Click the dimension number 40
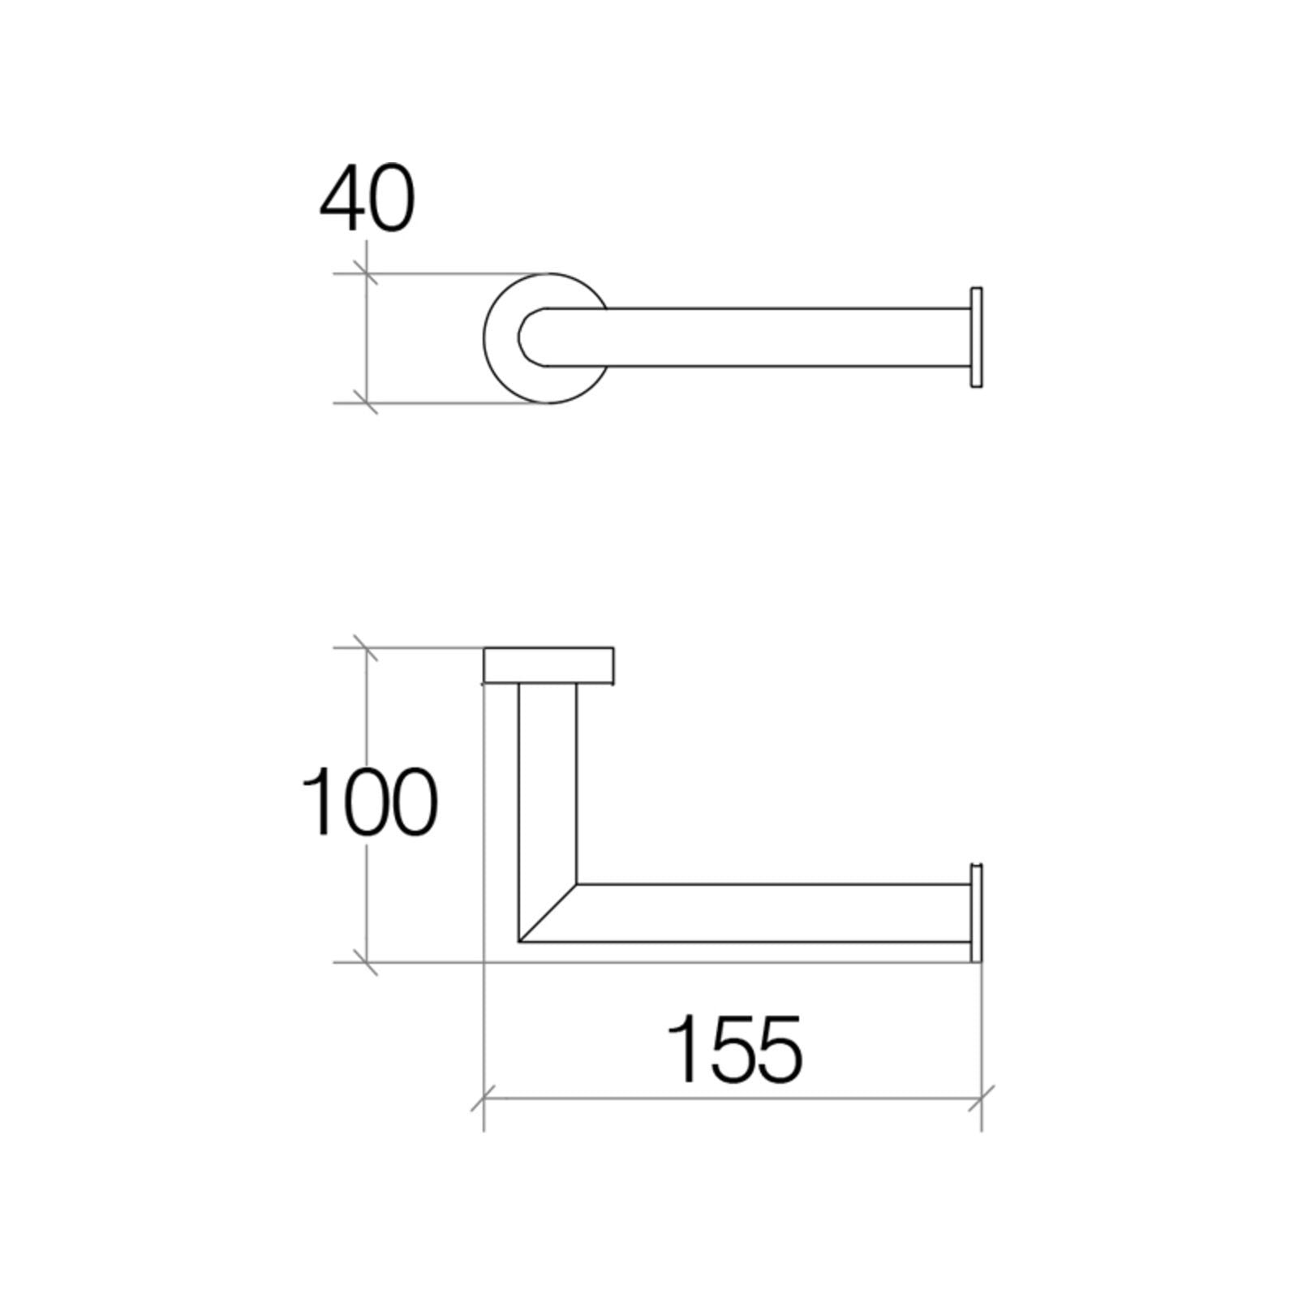(367, 198)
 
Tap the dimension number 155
(735, 1048)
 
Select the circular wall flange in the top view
(496, 338)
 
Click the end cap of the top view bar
(976, 337)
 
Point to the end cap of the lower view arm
(976, 913)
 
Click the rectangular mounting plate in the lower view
(548, 665)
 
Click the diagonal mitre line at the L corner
(548, 913)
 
